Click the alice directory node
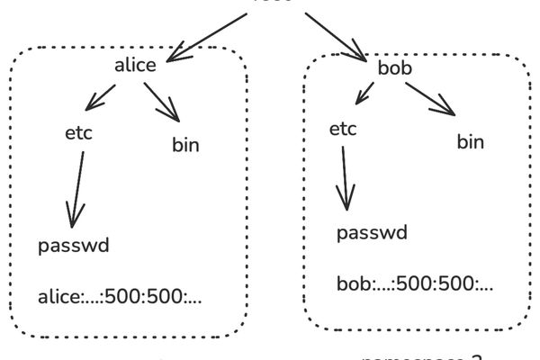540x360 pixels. (136, 65)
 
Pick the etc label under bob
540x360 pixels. (343, 129)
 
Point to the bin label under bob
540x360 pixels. (470, 141)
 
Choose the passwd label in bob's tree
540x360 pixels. (372, 233)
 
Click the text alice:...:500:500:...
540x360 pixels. (120, 296)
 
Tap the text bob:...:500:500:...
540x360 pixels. (415, 285)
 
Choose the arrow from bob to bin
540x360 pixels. (428, 97)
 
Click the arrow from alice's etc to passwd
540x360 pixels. (78, 189)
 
